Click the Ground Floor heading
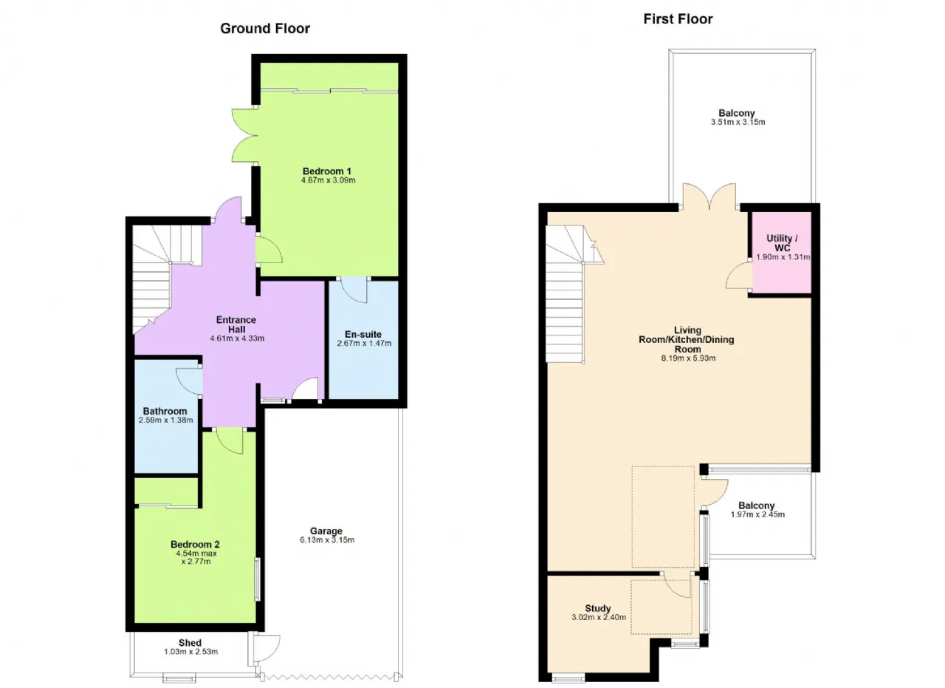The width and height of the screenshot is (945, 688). (265, 29)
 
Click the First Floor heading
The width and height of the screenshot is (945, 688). (678, 19)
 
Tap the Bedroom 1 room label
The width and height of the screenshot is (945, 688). (327, 171)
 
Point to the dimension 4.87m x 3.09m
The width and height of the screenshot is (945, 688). (329, 180)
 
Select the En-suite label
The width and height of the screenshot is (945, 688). (363, 334)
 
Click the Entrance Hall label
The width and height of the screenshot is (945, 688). (236, 324)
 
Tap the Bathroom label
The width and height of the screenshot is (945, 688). (165, 411)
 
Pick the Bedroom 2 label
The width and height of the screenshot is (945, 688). (196, 545)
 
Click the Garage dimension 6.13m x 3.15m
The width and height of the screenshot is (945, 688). (327, 540)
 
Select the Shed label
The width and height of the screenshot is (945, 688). (190, 643)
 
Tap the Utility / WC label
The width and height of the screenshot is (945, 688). (782, 243)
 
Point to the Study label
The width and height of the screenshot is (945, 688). (598, 608)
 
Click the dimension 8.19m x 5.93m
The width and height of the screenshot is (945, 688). (688, 358)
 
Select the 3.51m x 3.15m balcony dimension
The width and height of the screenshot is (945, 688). (738, 122)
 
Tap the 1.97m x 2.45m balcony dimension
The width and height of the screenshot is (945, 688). (757, 514)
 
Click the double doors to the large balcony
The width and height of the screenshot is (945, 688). (709, 195)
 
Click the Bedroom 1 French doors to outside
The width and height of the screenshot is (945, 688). (244, 135)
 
